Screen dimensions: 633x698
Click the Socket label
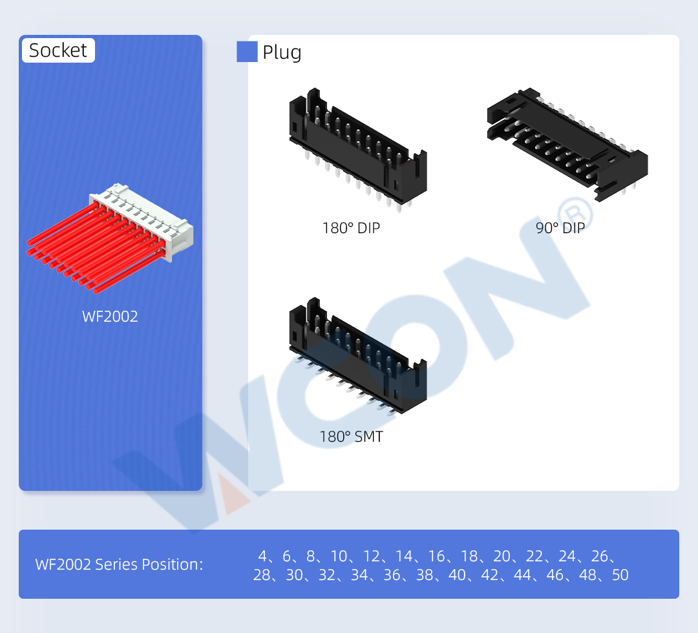pos(58,50)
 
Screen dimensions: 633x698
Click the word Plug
pos(282,52)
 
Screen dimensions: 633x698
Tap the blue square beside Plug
pos(247,52)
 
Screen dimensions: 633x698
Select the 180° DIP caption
pos(351,228)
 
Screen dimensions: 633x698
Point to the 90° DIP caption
pos(560,227)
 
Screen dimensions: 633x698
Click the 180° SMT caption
pos(351,437)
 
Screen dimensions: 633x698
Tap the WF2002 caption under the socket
pos(110,316)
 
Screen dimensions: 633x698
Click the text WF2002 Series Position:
pos(119,565)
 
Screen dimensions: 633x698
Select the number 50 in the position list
pos(620,575)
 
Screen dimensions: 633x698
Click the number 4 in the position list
pos(262,555)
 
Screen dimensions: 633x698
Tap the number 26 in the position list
pos(600,555)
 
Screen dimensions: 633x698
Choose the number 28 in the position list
pos(262,575)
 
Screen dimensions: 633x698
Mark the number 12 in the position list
pos(372,555)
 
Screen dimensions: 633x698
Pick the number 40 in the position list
pos(457,575)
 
